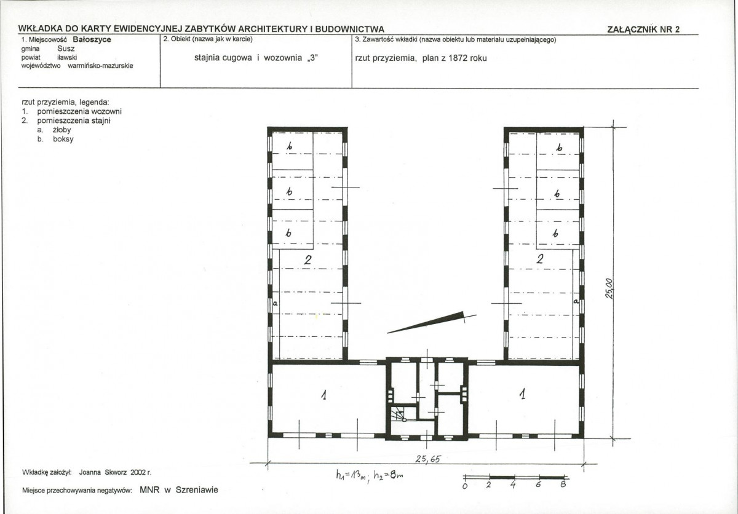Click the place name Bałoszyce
(92, 39)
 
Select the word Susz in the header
(66, 49)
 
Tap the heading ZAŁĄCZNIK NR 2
(643, 30)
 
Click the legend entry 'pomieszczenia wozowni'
(79, 111)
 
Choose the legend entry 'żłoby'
(62, 130)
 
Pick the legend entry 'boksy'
(63, 139)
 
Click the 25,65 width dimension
(427, 459)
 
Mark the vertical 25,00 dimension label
(609, 288)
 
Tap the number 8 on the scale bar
(563, 484)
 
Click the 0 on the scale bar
(465, 486)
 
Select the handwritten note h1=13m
(351, 475)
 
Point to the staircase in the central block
(399, 414)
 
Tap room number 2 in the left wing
(307, 260)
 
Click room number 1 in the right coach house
(522, 393)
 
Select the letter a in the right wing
(576, 301)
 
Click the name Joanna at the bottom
(90, 472)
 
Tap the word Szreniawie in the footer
(197, 489)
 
